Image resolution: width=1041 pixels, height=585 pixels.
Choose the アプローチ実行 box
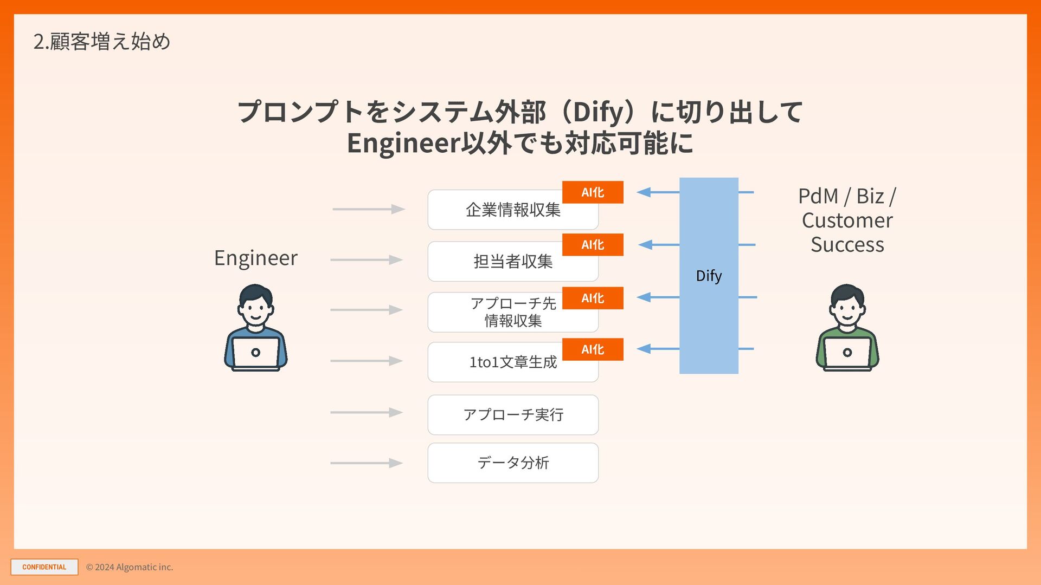tap(513, 415)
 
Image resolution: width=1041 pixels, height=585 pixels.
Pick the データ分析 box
tap(513, 463)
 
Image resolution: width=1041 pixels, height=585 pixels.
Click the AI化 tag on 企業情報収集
tap(593, 192)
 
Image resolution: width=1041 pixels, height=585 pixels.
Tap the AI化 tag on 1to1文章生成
tap(593, 349)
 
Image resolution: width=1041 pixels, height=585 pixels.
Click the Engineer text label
tap(256, 258)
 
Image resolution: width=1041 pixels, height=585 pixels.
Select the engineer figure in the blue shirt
tap(256, 328)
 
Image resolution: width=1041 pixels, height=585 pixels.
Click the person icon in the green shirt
tap(847, 328)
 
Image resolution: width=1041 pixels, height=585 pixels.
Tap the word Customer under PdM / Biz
tap(847, 220)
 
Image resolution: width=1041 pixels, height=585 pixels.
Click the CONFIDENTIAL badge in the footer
tap(44, 567)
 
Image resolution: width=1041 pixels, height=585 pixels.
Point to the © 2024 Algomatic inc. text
tap(130, 567)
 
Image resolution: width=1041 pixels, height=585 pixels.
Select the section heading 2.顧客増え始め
tap(102, 42)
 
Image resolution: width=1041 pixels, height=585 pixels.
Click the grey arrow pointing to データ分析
tap(367, 463)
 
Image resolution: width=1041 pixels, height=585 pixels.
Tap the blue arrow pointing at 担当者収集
tap(659, 245)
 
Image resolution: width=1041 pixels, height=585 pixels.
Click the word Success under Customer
tap(847, 245)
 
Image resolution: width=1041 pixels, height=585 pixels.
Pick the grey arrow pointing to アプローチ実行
tap(367, 413)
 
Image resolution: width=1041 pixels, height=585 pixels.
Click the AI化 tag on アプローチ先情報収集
tap(593, 298)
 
